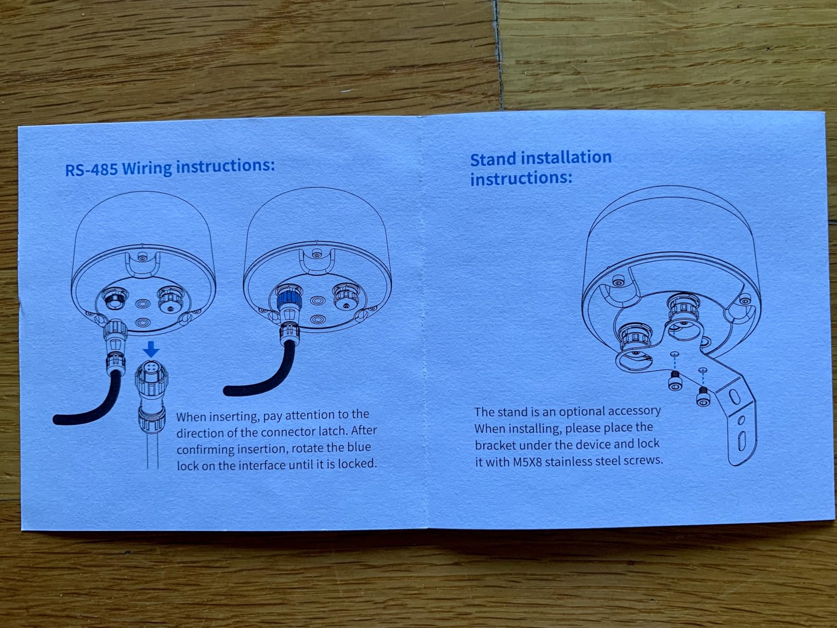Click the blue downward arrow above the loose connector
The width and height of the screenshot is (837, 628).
click(x=152, y=349)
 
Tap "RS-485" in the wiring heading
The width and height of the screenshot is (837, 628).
click(x=91, y=169)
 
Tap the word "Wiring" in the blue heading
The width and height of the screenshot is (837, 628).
click(x=147, y=168)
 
